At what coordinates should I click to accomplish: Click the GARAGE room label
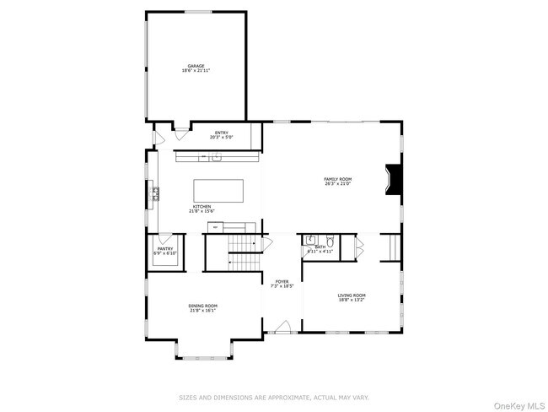[x=196, y=66]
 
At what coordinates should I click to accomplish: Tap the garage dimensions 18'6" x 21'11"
[x=196, y=71]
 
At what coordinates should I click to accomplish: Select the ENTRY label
[x=222, y=133]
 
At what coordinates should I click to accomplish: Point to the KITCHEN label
[x=202, y=206]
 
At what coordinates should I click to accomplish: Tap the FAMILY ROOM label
[x=338, y=179]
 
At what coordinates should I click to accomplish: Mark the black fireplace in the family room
[x=393, y=179]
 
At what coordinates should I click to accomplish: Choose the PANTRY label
[x=164, y=248]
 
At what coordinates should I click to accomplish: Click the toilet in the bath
[x=330, y=240]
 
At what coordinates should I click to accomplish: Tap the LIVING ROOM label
[x=352, y=295]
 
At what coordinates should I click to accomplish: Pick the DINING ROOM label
[x=203, y=306]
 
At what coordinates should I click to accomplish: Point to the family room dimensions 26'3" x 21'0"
[x=338, y=184]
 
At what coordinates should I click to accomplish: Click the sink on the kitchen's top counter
[x=217, y=156]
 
